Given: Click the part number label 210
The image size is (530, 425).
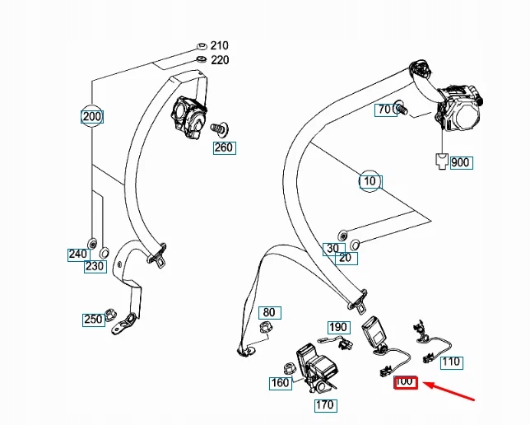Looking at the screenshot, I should click(220, 45).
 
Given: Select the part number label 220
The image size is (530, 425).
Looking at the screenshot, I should click(220, 60).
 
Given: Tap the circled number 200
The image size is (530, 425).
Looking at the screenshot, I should click(92, 116).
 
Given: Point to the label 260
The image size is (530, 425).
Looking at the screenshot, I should click(223, 148).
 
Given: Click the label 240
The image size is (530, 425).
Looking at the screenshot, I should click(77, 254).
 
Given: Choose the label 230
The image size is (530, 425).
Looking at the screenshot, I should click(95, 266).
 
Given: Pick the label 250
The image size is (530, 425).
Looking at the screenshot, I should click(92, 320).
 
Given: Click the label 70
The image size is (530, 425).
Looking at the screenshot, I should click(384, 110).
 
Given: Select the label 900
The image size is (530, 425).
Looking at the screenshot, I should click(460, 162).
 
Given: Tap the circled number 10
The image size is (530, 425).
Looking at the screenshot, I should click(370, 180).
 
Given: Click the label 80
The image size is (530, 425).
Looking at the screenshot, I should click(268, 312).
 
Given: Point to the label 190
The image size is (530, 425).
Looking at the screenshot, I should click(339, 327).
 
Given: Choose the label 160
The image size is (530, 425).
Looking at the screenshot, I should click(280, 382).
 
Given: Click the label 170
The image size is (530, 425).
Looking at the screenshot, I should click(324, 404).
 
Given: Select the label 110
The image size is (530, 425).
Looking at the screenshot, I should click(451, 362).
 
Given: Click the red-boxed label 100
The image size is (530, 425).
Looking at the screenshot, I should click(406, 381).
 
